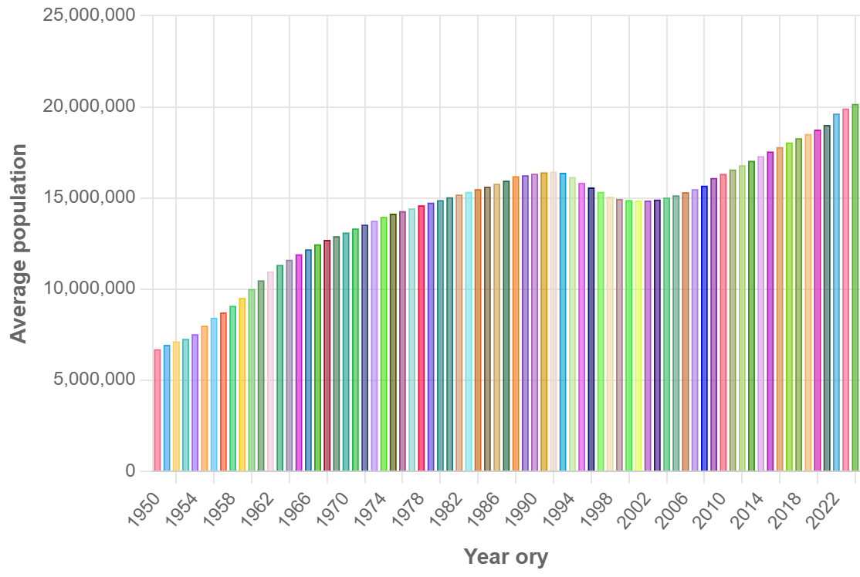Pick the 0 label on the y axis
[x=130, y=471]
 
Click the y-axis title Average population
[x=19, y=243]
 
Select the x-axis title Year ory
[x=506, y=556]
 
